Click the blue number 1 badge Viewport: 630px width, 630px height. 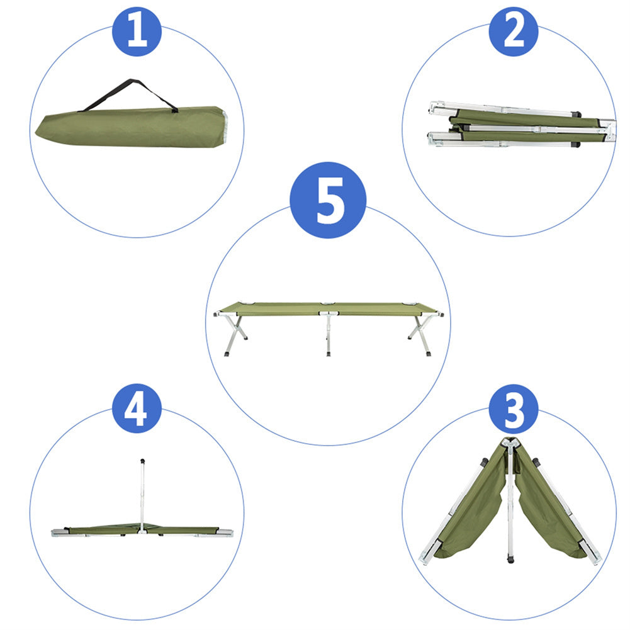pos(137,31)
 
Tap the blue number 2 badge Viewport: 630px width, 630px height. pos(513,31)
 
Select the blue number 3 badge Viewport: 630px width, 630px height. pos(513,408)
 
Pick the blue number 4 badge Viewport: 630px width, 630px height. pos(137,408)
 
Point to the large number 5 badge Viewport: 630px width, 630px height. pos(327,200)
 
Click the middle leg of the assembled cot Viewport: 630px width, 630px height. pos(328,334)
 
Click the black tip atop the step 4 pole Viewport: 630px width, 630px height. pos(143,461)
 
